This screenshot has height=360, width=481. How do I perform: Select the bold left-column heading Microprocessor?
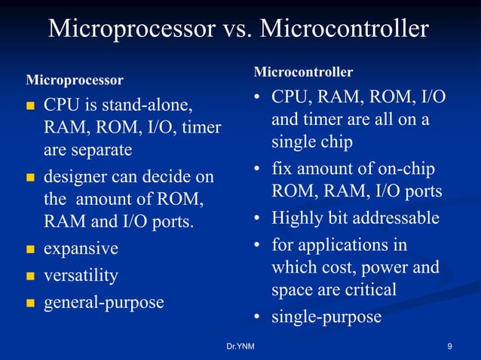tap(75, 79)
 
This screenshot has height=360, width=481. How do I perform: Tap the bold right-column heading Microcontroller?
tap(303, 72)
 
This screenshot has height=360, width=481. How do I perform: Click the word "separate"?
tap(87, 150)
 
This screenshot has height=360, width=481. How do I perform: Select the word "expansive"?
tap(81, 249)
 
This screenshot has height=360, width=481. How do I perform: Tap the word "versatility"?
tap(81, 276)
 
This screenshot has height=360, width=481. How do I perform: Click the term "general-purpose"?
tap(103, 303)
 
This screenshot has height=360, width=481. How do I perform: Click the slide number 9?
tap(449, 346)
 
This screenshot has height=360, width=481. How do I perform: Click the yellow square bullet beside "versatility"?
tap(30, 276)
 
